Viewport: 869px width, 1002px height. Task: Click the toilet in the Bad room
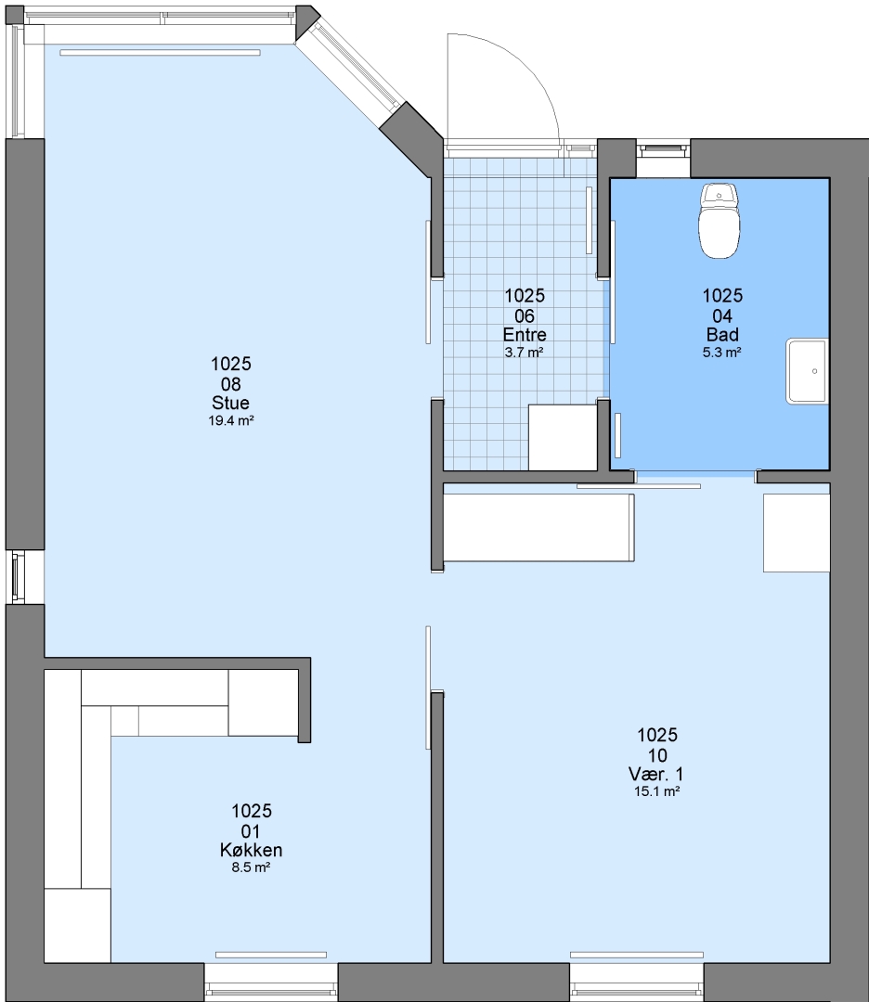(720, 221)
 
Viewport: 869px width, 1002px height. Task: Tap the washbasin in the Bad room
(808, 371)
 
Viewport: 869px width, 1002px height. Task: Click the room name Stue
(231, 403)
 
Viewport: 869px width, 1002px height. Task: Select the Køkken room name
(252, 850)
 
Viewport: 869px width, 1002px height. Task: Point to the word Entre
(525, 334)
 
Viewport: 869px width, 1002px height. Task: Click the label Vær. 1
(656, 774)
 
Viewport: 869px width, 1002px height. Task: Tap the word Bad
(722, 334)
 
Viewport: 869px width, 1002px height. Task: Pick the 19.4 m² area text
(231, 420)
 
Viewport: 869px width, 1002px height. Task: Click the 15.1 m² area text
(656, 791)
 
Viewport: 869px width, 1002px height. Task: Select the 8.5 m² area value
(251, 867)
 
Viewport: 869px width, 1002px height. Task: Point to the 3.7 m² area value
(525, 352)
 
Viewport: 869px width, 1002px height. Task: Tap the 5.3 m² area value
(722, 352)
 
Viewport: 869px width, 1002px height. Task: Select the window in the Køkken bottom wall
(270, 983)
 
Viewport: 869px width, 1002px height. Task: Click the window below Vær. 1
(636, 983)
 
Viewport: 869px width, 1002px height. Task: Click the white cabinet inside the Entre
(563, 437)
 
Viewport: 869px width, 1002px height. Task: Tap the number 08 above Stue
(231, 384)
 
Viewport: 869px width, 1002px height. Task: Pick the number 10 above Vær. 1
(657, 755)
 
